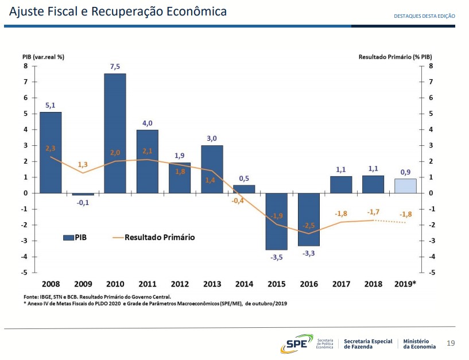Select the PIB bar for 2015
(276, 221)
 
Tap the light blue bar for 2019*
(405, 186)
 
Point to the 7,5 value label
(115, 67)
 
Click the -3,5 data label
(277, 257)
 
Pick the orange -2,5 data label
(309, 225)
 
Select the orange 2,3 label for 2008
(51, 148)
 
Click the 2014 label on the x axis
(244, 284)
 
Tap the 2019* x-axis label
(405, 284)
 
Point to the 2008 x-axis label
(51, 284)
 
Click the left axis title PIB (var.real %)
(43, 57)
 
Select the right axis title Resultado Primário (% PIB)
(395, 57)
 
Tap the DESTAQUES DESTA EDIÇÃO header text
(424, 16)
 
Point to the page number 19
(451, 343)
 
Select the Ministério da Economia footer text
(419, 344)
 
